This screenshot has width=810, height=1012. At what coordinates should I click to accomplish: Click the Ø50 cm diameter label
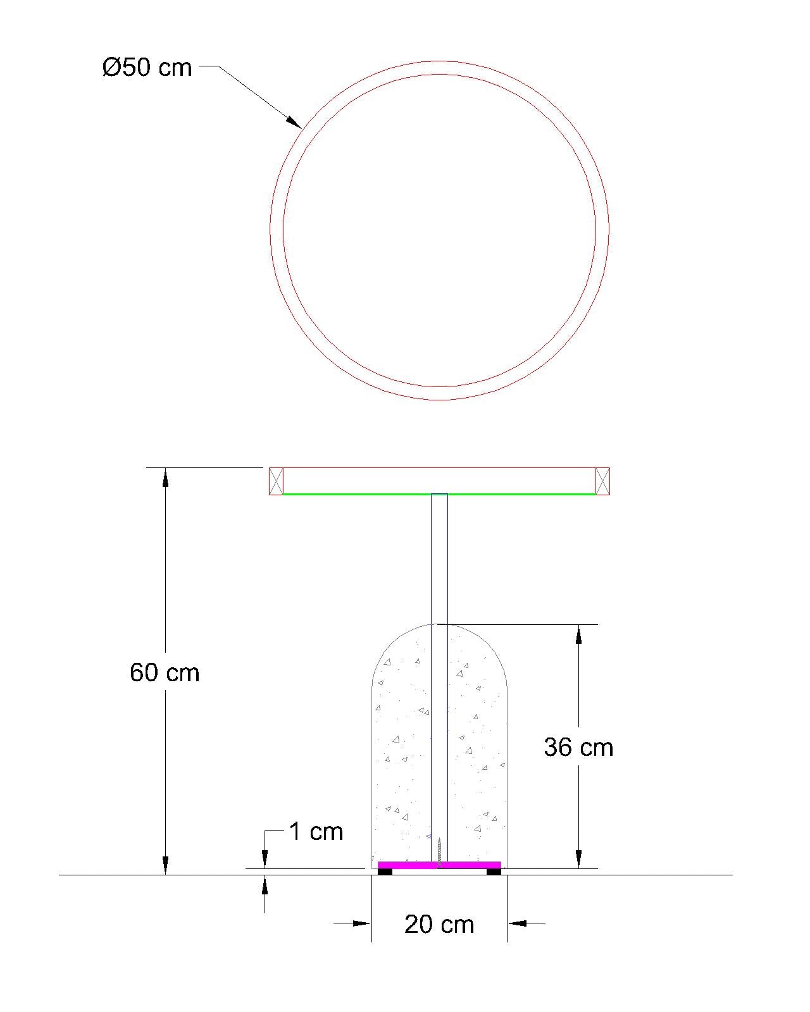(147, 67)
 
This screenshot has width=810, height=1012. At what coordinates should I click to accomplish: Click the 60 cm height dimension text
(165, 672)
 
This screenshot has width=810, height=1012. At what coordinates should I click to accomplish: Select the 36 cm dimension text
(578, 748)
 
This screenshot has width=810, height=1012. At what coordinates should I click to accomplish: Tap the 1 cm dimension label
(316, 831)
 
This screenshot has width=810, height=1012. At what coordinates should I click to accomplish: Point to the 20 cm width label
(439, 925)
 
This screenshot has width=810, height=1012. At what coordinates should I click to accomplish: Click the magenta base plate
(439, 865)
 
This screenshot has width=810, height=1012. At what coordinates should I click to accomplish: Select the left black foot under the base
(385, 872)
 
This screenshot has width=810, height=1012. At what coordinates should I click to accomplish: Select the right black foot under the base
(494, 872)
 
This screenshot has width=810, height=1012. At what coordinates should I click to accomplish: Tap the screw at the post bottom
(439, 851)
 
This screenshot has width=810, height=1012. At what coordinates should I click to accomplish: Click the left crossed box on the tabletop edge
(276, 481)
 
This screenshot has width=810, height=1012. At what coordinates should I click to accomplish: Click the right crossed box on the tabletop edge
(602, 481)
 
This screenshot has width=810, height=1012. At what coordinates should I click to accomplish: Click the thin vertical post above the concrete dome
(439, 557)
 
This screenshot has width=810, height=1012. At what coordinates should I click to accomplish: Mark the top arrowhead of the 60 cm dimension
(165, 478)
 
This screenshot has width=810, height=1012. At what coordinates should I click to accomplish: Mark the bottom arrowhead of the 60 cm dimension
(165, 865)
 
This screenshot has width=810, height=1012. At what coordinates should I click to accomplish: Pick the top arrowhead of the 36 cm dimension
(578, 634)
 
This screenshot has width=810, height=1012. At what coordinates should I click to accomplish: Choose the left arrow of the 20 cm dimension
(362, 923)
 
